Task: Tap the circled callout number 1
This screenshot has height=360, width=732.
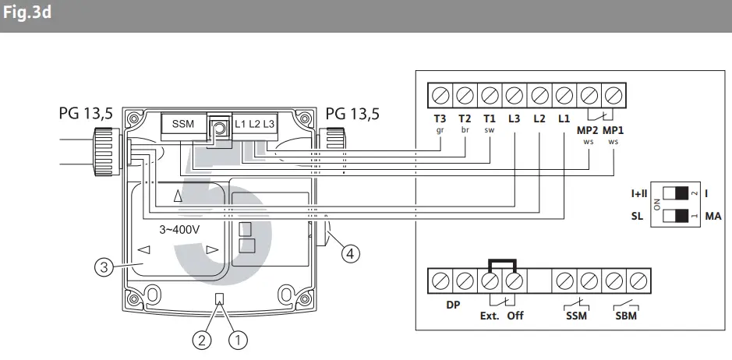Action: click(238, 339)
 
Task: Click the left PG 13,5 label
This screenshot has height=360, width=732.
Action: click(86, 114)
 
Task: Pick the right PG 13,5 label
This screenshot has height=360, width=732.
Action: click(352, 114)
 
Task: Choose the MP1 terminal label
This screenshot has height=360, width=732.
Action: click(614, 129)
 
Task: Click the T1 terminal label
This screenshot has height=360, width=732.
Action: click(489, 118)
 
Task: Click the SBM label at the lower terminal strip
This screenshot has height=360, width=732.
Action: click(626, 316)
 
